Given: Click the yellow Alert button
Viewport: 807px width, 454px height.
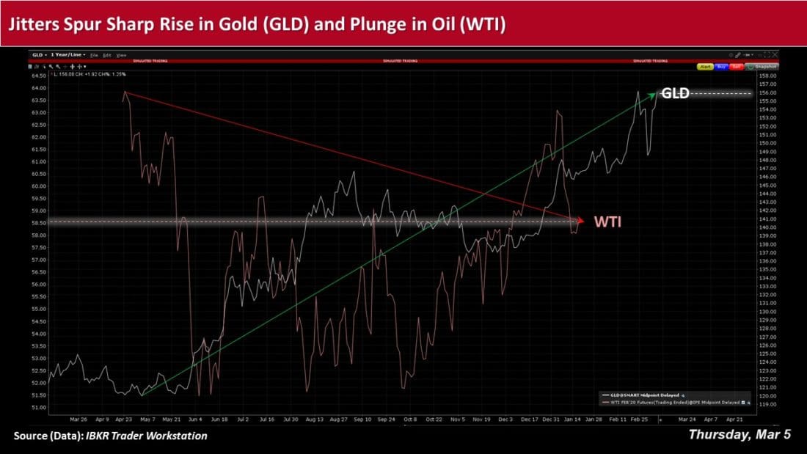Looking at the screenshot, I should [x=706, y=67].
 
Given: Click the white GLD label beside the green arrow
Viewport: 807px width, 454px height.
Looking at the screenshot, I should [x=675, y=93].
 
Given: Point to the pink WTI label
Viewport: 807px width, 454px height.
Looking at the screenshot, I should [x=607, y=221].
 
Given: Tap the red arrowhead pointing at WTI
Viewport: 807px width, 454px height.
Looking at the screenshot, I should [x=580, y=220].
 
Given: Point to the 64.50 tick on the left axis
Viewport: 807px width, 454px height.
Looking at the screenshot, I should [x=37, y=76].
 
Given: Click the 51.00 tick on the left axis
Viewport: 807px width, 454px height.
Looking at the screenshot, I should [x=37, y=407].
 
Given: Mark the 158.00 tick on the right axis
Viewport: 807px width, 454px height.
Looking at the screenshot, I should [x=767, y=76].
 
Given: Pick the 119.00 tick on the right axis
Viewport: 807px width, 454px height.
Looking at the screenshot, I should [x=767, y=404].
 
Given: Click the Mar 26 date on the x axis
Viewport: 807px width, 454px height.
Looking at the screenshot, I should [x=78, y=420].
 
